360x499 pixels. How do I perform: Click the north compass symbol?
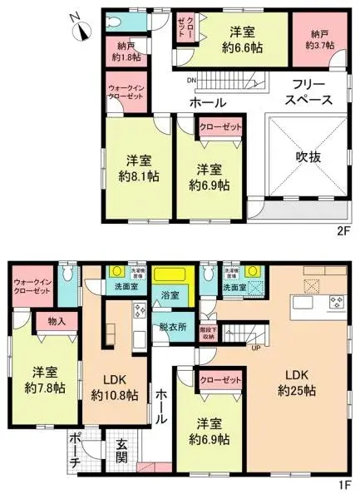pos(81,30)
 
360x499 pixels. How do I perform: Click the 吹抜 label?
pos(305,155)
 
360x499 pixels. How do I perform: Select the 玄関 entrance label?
pos(121,452)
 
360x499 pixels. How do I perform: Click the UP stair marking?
pos(256,347)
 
